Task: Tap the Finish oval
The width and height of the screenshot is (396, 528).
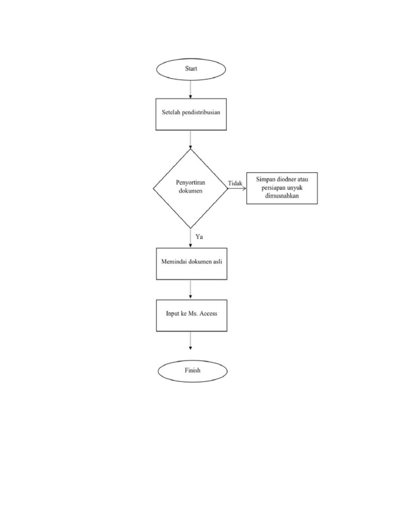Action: click(x=192, y=370)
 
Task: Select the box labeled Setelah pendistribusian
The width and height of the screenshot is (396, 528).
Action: click(x=191, y=113)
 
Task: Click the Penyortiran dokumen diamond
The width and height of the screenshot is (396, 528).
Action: click(x=190, y=188)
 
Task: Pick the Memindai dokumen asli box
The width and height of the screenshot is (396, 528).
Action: click(x=191, y=264)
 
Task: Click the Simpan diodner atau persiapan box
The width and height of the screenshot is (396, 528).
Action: click(x=282, y=188)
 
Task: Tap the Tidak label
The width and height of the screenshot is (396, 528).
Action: click(x=236, y=183)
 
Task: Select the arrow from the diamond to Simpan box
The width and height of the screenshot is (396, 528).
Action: click(x=237, y=188)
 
